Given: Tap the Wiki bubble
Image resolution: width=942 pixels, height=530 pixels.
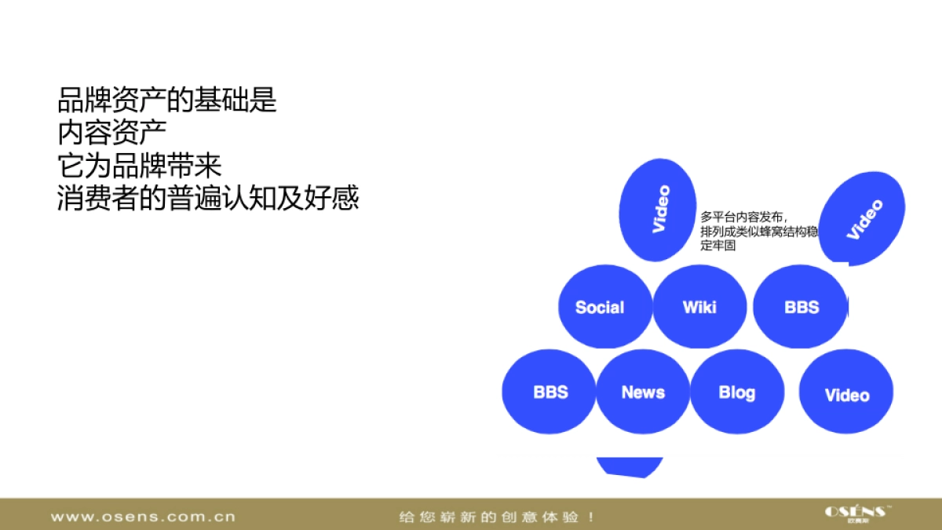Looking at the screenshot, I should (699, 306).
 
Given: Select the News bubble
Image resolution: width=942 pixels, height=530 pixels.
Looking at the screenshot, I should (643, 392).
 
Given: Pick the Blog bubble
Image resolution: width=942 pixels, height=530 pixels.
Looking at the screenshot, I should (737, 392).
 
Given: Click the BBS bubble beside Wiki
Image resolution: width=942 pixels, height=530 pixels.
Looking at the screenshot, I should (801, 307).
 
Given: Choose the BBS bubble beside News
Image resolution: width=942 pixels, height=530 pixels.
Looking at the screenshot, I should (549, 392).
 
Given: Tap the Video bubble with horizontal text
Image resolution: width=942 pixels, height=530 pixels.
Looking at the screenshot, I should (846, 393).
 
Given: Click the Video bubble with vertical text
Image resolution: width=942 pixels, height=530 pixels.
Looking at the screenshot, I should (658, 210).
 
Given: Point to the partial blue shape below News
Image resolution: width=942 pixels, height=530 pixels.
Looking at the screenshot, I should (630, 466).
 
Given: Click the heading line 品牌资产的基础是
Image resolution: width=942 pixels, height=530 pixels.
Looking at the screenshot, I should (167, 100).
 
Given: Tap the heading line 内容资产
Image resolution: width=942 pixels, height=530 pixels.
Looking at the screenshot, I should (112, 133).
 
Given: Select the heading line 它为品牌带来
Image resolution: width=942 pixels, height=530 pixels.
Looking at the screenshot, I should (140, 166).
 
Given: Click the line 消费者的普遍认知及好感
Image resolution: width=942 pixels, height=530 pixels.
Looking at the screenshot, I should (208, 199).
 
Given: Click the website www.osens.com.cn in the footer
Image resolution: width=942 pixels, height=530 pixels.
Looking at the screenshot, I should (143, 517).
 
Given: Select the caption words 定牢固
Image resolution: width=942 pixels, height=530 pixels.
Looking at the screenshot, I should (718, 246).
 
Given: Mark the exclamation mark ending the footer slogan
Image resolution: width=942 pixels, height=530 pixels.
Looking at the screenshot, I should (590, 517).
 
